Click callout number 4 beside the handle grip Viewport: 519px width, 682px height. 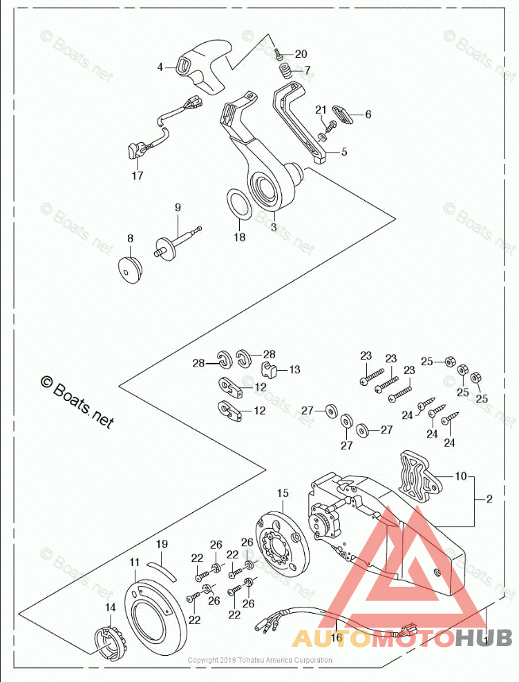(160, 68)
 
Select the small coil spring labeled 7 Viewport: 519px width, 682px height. (284, 70)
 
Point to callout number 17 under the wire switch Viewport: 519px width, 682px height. (138, 176)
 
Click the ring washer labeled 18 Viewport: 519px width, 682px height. (239, 205)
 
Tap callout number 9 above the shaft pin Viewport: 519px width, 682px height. (178, 207)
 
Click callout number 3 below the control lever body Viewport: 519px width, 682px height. (274, 226)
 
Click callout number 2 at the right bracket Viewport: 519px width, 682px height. (489, 499)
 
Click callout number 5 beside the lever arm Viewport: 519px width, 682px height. (344, 151)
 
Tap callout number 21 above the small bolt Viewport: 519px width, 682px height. (321, 110)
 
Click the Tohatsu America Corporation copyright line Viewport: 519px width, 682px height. (260, 661)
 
